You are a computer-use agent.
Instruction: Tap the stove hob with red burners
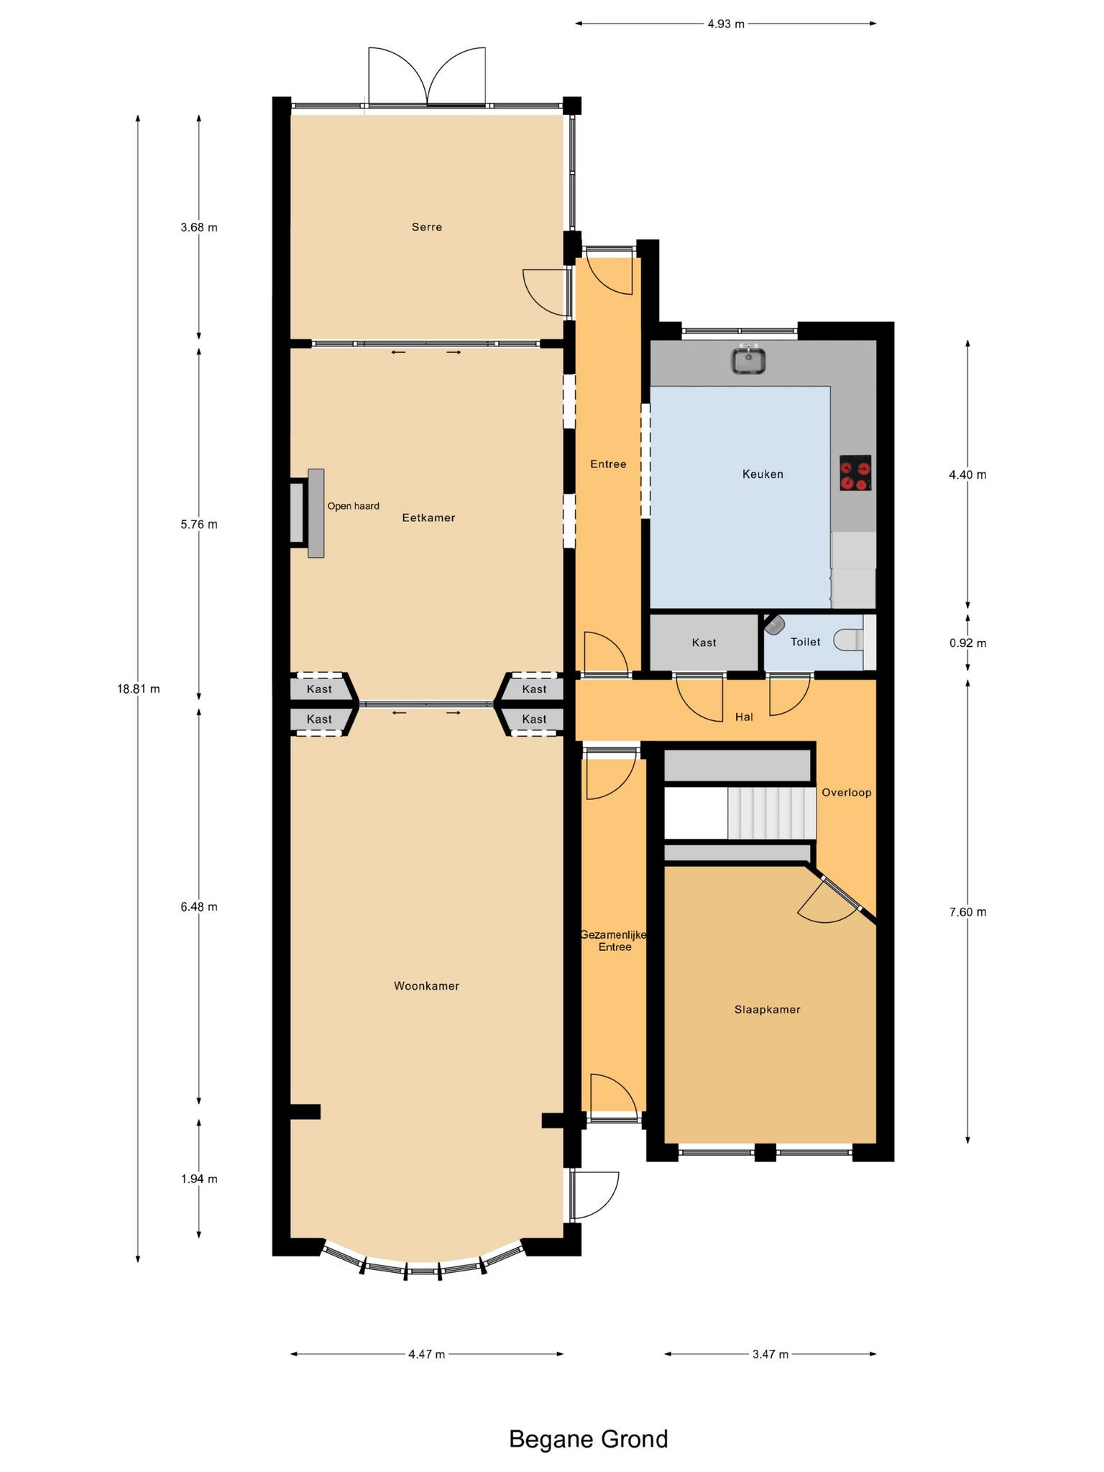point(855,474)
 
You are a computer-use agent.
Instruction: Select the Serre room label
point(427,227)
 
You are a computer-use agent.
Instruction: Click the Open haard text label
point(353,506)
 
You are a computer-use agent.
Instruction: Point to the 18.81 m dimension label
point(139,689)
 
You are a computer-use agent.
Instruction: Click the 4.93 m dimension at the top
point(726,24)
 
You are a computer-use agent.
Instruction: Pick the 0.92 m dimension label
point(967,643)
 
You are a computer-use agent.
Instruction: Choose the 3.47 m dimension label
point(770,1354)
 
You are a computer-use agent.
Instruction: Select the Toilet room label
point(805,642)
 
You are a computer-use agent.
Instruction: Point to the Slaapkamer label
point(767,1009)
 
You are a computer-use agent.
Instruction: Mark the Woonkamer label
point(426,985)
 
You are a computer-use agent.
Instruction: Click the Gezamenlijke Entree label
point(615,941)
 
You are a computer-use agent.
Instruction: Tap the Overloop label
point(847,792)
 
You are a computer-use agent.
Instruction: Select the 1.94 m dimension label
point(199,1179)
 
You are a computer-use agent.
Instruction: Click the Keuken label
point(763,474)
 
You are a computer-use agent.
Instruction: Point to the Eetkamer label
point(428,517)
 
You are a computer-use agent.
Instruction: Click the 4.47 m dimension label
point(427,1354)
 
